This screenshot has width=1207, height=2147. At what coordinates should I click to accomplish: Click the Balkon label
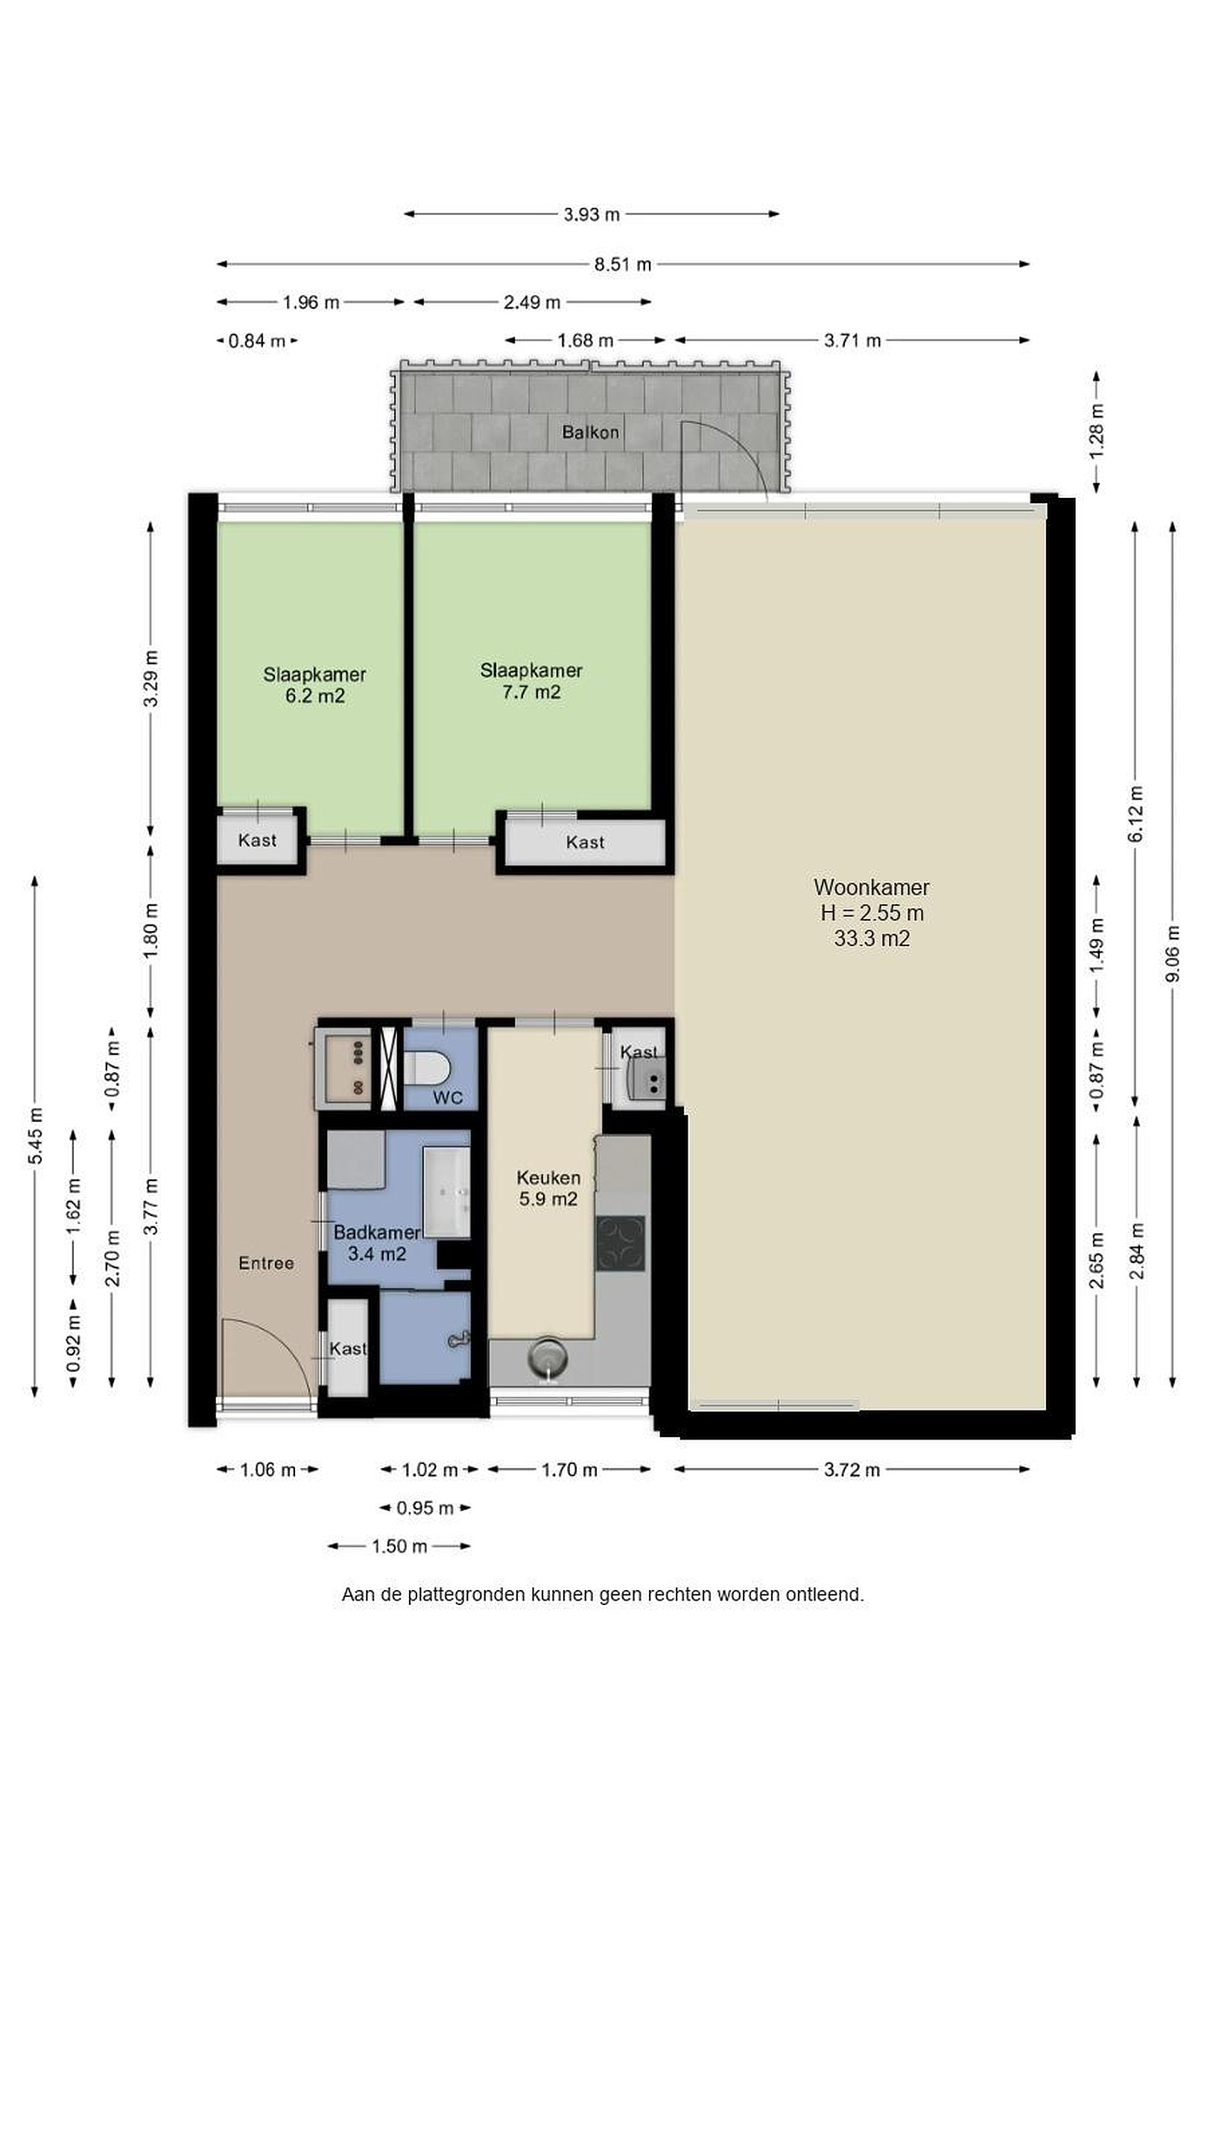590,432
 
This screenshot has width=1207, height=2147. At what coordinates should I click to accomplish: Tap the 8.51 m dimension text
622,264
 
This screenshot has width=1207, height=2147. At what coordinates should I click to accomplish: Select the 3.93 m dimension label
592,214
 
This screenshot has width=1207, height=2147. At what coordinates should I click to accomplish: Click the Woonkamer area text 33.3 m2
871,939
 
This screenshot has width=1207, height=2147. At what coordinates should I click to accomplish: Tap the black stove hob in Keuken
621,1243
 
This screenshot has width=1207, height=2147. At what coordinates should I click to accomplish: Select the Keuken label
548,1178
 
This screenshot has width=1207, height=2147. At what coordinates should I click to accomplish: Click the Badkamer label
376,1232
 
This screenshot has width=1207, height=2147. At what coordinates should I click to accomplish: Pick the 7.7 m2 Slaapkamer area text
530,692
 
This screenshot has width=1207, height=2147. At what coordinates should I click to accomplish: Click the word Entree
266,1263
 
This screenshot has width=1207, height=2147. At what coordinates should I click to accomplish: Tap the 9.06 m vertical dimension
1172,953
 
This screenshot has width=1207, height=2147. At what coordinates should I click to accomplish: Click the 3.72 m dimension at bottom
852,1469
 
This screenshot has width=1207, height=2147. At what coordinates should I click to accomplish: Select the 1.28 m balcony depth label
1096,430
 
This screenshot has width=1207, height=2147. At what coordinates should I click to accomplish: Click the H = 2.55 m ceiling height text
871,912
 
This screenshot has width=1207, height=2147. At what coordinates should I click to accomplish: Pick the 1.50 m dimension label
399,1546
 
